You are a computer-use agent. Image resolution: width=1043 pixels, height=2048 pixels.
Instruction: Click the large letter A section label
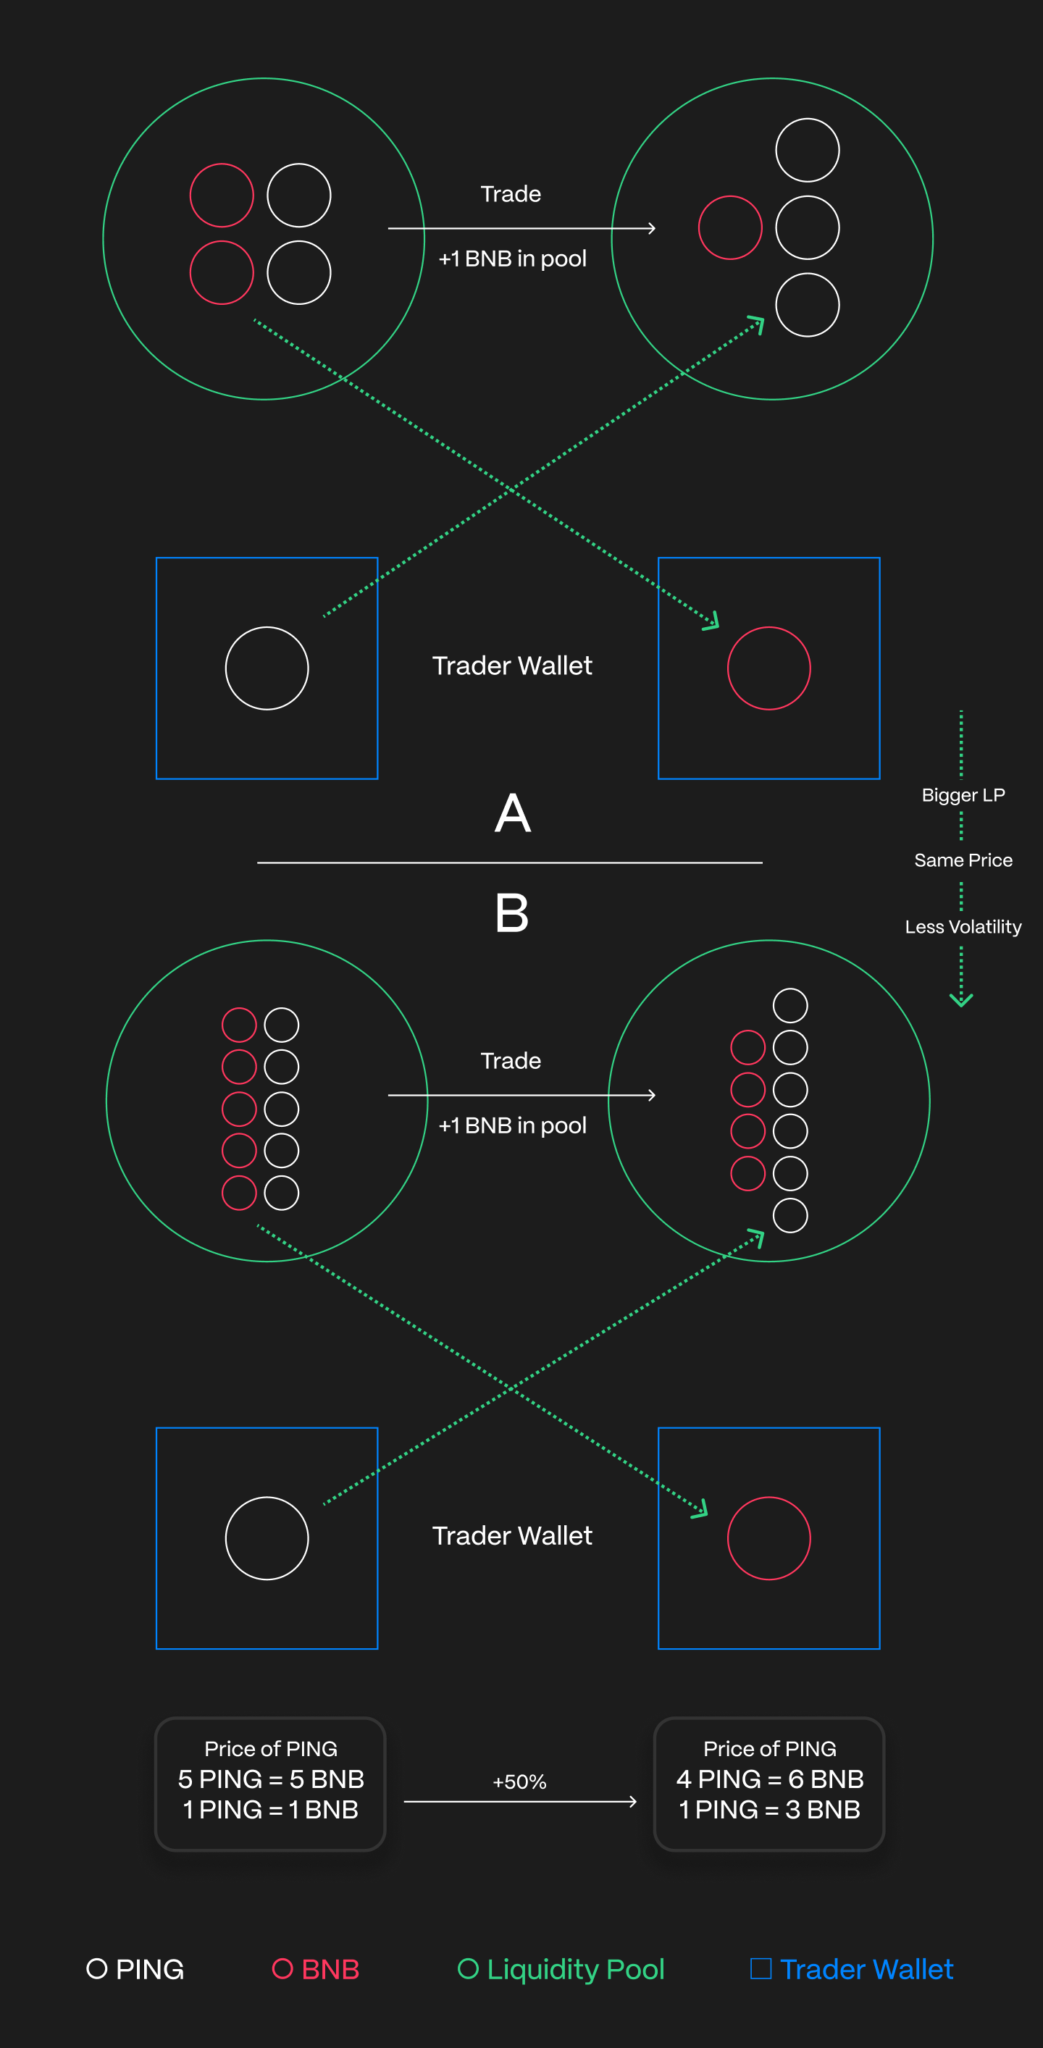coord(512,813)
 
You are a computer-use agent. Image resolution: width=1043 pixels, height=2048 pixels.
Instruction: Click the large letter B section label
coord(512,912)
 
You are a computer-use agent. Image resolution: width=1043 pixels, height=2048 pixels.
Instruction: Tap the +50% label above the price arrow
coord(519,1781)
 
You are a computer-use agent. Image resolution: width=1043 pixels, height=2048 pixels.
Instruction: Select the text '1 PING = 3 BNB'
coord(768,1810)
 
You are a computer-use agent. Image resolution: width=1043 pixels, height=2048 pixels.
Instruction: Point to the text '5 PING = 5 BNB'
coord(271,1779)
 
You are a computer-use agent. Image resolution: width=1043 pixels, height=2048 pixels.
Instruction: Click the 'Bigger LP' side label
coord(963,795)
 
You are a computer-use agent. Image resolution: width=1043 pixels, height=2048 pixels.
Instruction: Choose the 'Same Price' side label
coord(963,860)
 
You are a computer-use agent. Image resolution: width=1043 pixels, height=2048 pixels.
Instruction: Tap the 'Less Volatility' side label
coord(963,927)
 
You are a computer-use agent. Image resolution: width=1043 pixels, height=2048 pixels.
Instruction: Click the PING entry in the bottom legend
coord(135,1968)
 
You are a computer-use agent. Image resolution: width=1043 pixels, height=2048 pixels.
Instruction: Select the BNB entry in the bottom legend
coord(316,1968)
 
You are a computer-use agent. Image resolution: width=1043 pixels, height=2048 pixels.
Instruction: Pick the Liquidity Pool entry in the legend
coord(561,1968)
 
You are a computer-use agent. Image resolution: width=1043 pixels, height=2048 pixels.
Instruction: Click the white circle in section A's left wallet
coord(267,668)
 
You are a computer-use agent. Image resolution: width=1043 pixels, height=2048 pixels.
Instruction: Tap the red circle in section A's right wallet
coord(768,668)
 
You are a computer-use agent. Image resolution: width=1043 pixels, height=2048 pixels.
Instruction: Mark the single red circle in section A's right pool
coord(730,227)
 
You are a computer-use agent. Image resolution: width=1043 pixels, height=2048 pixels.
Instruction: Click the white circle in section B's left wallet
coord(267,1537)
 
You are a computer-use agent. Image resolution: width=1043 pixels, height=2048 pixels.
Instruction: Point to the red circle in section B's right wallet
coord(768,1537)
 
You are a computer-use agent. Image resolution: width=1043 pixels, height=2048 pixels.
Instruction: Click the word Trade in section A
coord(511,194)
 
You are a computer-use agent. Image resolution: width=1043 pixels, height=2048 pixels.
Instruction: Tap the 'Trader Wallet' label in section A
coord(512,666)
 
